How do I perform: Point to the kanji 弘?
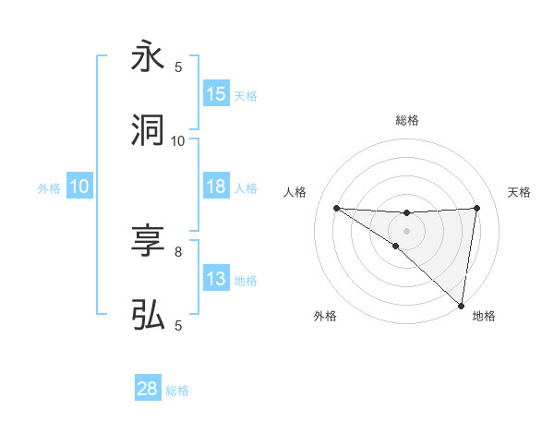[149, 315]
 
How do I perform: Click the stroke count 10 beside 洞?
[178, 140]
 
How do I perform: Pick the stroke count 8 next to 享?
[178, 251]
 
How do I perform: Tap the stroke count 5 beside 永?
[178, 66]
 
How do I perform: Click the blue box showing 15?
[216, 94]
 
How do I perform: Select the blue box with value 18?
[216, 187]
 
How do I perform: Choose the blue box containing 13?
[216, 279]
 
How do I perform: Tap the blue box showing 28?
[147, 389]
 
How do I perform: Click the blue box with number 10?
[79, 187]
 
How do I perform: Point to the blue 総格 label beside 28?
[177, 391]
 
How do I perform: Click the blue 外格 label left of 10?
[50, 187]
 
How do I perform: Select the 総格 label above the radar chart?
[407, 120]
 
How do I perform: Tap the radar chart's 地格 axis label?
[484, 316]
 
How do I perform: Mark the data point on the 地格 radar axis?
[461, 305]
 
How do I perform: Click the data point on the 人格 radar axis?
[336, 208]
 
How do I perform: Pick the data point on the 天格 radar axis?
[476, 208]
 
